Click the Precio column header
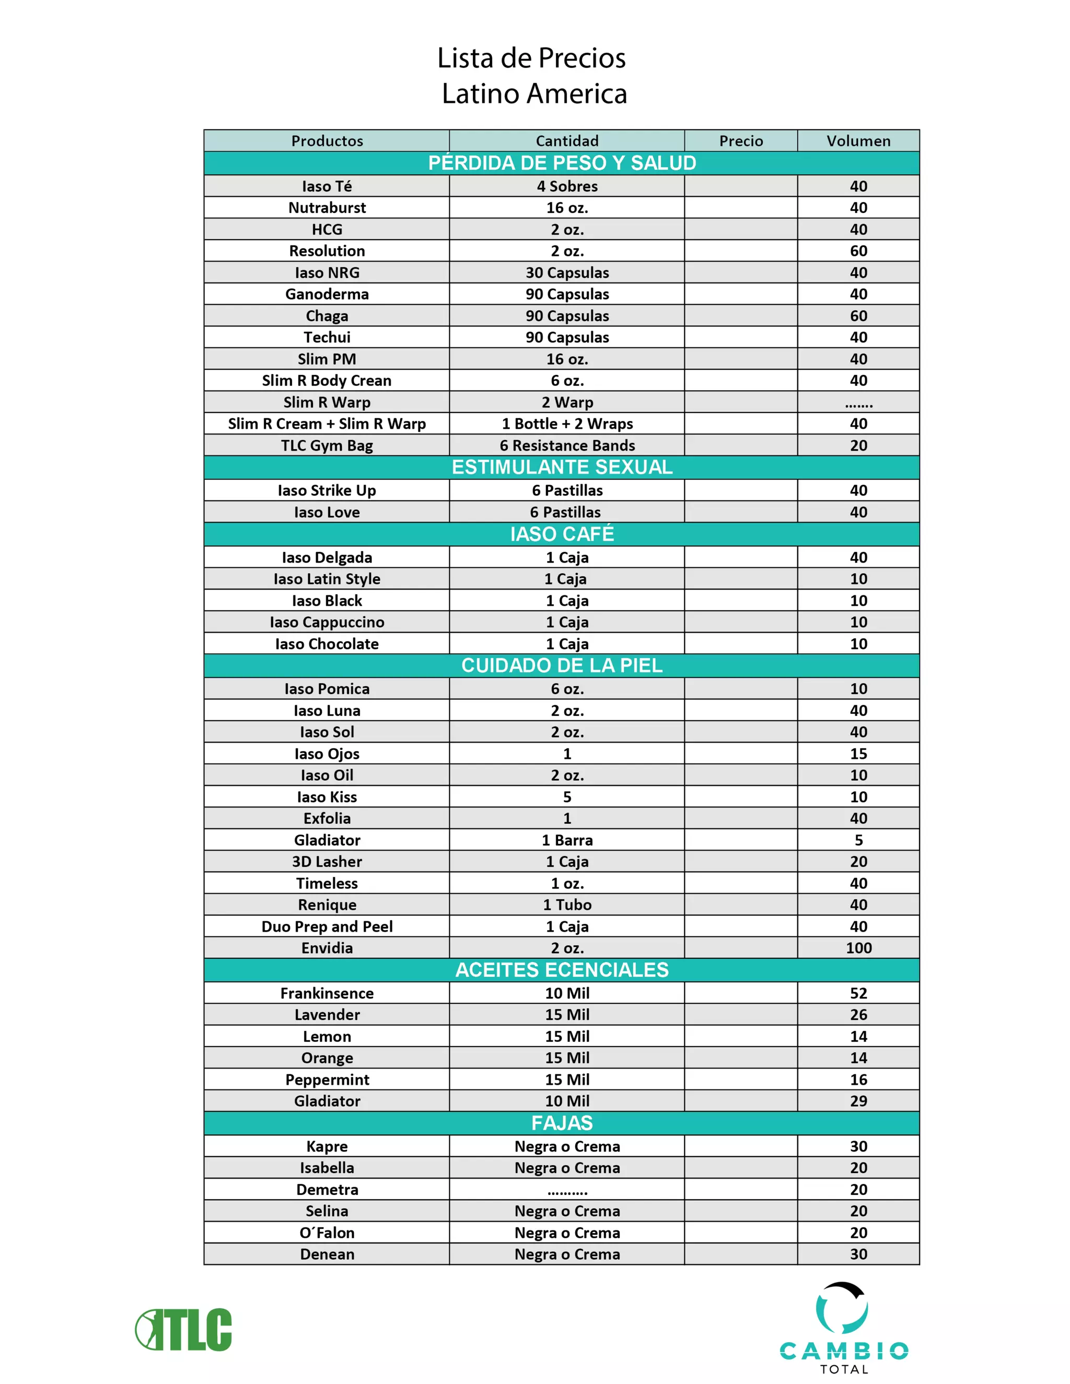click(x=740, y=140)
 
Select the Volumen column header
click(x=858, y=140)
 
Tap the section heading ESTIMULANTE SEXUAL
click(x=562, y=467)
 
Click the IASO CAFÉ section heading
click(x=562, y=534)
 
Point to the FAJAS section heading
click(x=562, y=1122)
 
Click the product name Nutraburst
click(x=327, y=208)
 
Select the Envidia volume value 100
click(x=858, y=948)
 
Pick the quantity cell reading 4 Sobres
click(x=567, y=186)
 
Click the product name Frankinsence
click(x=327, y=993)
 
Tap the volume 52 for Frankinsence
click(x=858, y=993)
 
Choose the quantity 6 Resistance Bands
click(x=567, y=445)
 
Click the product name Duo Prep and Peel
click(x=327, y=926)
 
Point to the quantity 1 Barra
click(x=567, y=840)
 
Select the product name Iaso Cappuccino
click(x=327, y=623)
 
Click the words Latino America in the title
click(x=534, y=94)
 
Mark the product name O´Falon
click(x=327, y=1233)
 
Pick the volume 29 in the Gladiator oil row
click(x=858, y=1101)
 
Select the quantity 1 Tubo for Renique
click(x=567, y=905)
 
